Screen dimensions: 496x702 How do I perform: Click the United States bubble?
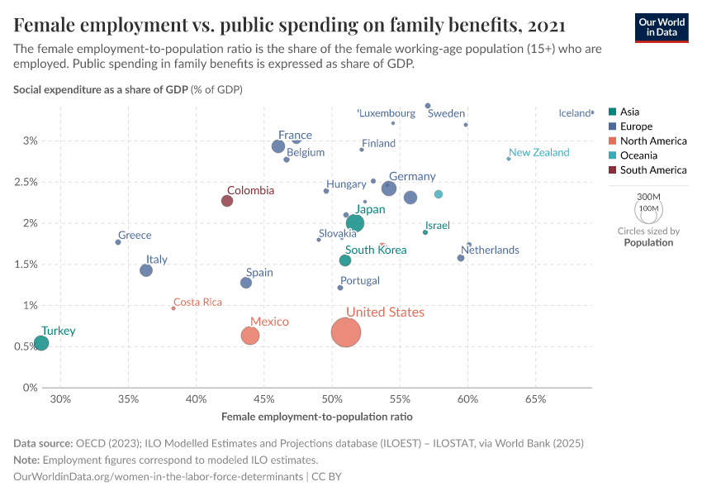pyautogui.click(x=346, y=332)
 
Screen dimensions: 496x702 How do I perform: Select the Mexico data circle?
pyautogui.click(x=250, y=336)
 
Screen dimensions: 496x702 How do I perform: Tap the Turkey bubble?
pyautogui.click(x=40, y=343)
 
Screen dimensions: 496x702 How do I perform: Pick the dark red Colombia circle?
pyautogui.click(x=227, y=201)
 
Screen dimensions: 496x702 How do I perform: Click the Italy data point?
pyautogui.click(x=146, y=270)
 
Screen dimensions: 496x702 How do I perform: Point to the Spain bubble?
pyautogui.click(x=245, y=283)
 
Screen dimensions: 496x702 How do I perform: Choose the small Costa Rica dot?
pyautogui.click(x=173, y=308)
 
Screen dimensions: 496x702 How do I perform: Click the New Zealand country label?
pyautogui.click(x=539, y=153)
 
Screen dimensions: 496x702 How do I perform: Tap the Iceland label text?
pyautogui.click(x=575, y=114)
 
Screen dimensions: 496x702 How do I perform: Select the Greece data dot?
pyautogui.click(x=118, y=242)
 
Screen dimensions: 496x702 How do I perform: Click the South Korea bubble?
pyautogui.click(x=345, y=260)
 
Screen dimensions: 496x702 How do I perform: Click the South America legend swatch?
pyautogui.click(x=611, y=170)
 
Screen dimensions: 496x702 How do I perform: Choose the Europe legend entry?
pyautogui.click(x=636, y=126)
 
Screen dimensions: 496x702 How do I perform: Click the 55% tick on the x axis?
pyautogui.click(x=400, y=399)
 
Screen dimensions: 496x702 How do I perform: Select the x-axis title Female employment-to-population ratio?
pyautogui.click(x=317, y=416)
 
